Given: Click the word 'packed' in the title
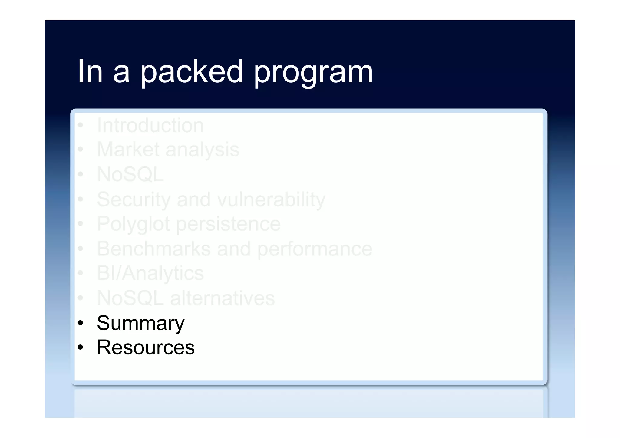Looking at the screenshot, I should (x=191, y=72).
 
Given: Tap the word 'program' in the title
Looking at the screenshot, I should (x=313, y=73).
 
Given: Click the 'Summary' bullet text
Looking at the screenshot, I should (x=140, y=323).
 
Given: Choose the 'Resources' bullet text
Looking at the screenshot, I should (x=146, y=347).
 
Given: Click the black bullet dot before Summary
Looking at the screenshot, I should (x=80, y=323).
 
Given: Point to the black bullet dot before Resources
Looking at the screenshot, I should (x=80, y=347).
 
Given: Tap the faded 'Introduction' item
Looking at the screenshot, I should (x=150, y=125).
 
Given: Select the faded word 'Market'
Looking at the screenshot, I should (x=128, y=150).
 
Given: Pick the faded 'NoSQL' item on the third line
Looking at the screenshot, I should (x=130, y=175).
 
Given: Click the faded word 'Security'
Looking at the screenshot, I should (x=134, y=200).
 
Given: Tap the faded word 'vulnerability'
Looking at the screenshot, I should (x=271, y=200).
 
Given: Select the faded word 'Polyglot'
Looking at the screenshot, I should (x=133, y=225).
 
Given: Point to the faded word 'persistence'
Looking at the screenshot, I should (x=228, y=225).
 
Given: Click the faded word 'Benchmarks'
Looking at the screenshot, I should (x=154, y=249).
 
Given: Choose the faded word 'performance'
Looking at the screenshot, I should (x=315, y=249).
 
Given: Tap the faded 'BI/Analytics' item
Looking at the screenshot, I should (x=150, y=274).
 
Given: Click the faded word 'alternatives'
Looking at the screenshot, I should (x=223, y=298).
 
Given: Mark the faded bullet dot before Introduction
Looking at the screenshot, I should (x=80, y=125).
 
